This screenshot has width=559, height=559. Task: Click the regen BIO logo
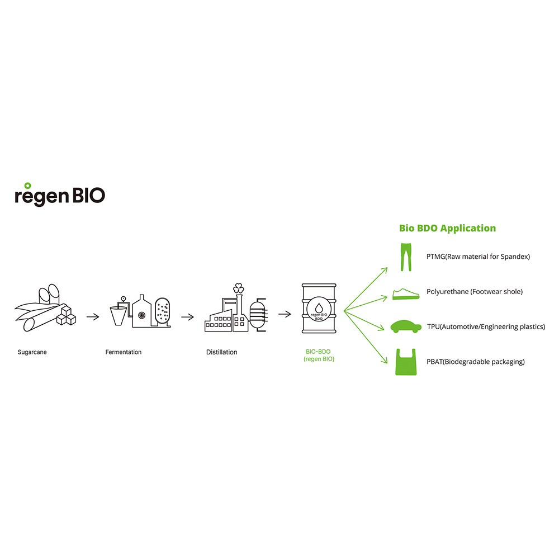click(59, 195)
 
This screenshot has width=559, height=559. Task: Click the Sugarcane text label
click(32, 352)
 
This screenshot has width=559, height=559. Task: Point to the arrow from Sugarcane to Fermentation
click(93, 317)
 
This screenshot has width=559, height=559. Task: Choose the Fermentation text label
click(124, 352)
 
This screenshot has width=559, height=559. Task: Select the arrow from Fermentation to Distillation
click(187, 317)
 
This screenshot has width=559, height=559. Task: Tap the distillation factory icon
click(235, 310)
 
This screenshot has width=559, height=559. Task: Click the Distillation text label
click(221, 352)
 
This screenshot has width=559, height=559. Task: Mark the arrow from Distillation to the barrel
click(285, 314)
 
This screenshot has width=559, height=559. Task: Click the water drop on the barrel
click(319, 307)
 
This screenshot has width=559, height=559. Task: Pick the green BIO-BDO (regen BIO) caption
click(319, 356)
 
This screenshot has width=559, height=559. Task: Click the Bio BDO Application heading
click(447, 228)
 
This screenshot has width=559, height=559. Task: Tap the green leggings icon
click(405, 257)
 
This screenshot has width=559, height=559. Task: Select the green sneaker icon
click(406, 293)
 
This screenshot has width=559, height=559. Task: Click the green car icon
click(406, 326)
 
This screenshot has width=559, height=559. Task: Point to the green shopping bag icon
click(406, 362)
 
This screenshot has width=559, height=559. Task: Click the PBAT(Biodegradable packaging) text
click(475, 362)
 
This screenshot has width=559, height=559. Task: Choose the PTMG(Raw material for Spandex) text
click(477, 257)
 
